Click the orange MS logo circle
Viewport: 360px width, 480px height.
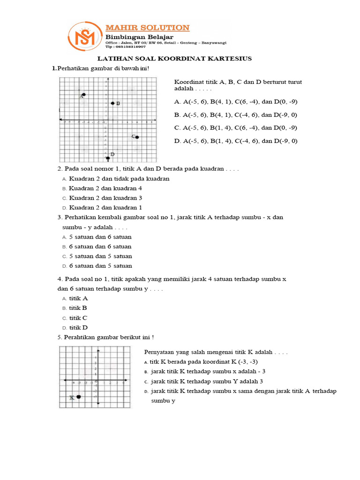85,37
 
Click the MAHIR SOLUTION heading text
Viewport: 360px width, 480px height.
147,28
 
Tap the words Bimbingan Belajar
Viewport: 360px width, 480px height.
133,37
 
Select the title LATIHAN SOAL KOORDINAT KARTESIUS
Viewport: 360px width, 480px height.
174,59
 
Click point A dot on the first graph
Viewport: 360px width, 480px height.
83,95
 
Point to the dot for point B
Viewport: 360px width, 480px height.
112,103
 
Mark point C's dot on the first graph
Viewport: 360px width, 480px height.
137,137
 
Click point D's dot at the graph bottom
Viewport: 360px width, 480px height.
108,158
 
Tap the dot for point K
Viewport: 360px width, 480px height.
79,397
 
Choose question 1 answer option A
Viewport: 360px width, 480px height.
235,101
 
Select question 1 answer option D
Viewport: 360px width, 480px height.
235,141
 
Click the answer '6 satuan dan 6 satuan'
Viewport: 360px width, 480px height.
100,247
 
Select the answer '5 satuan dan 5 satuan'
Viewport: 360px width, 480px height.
100,256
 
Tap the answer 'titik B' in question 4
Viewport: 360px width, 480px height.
78,308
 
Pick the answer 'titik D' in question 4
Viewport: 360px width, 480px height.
78,328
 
